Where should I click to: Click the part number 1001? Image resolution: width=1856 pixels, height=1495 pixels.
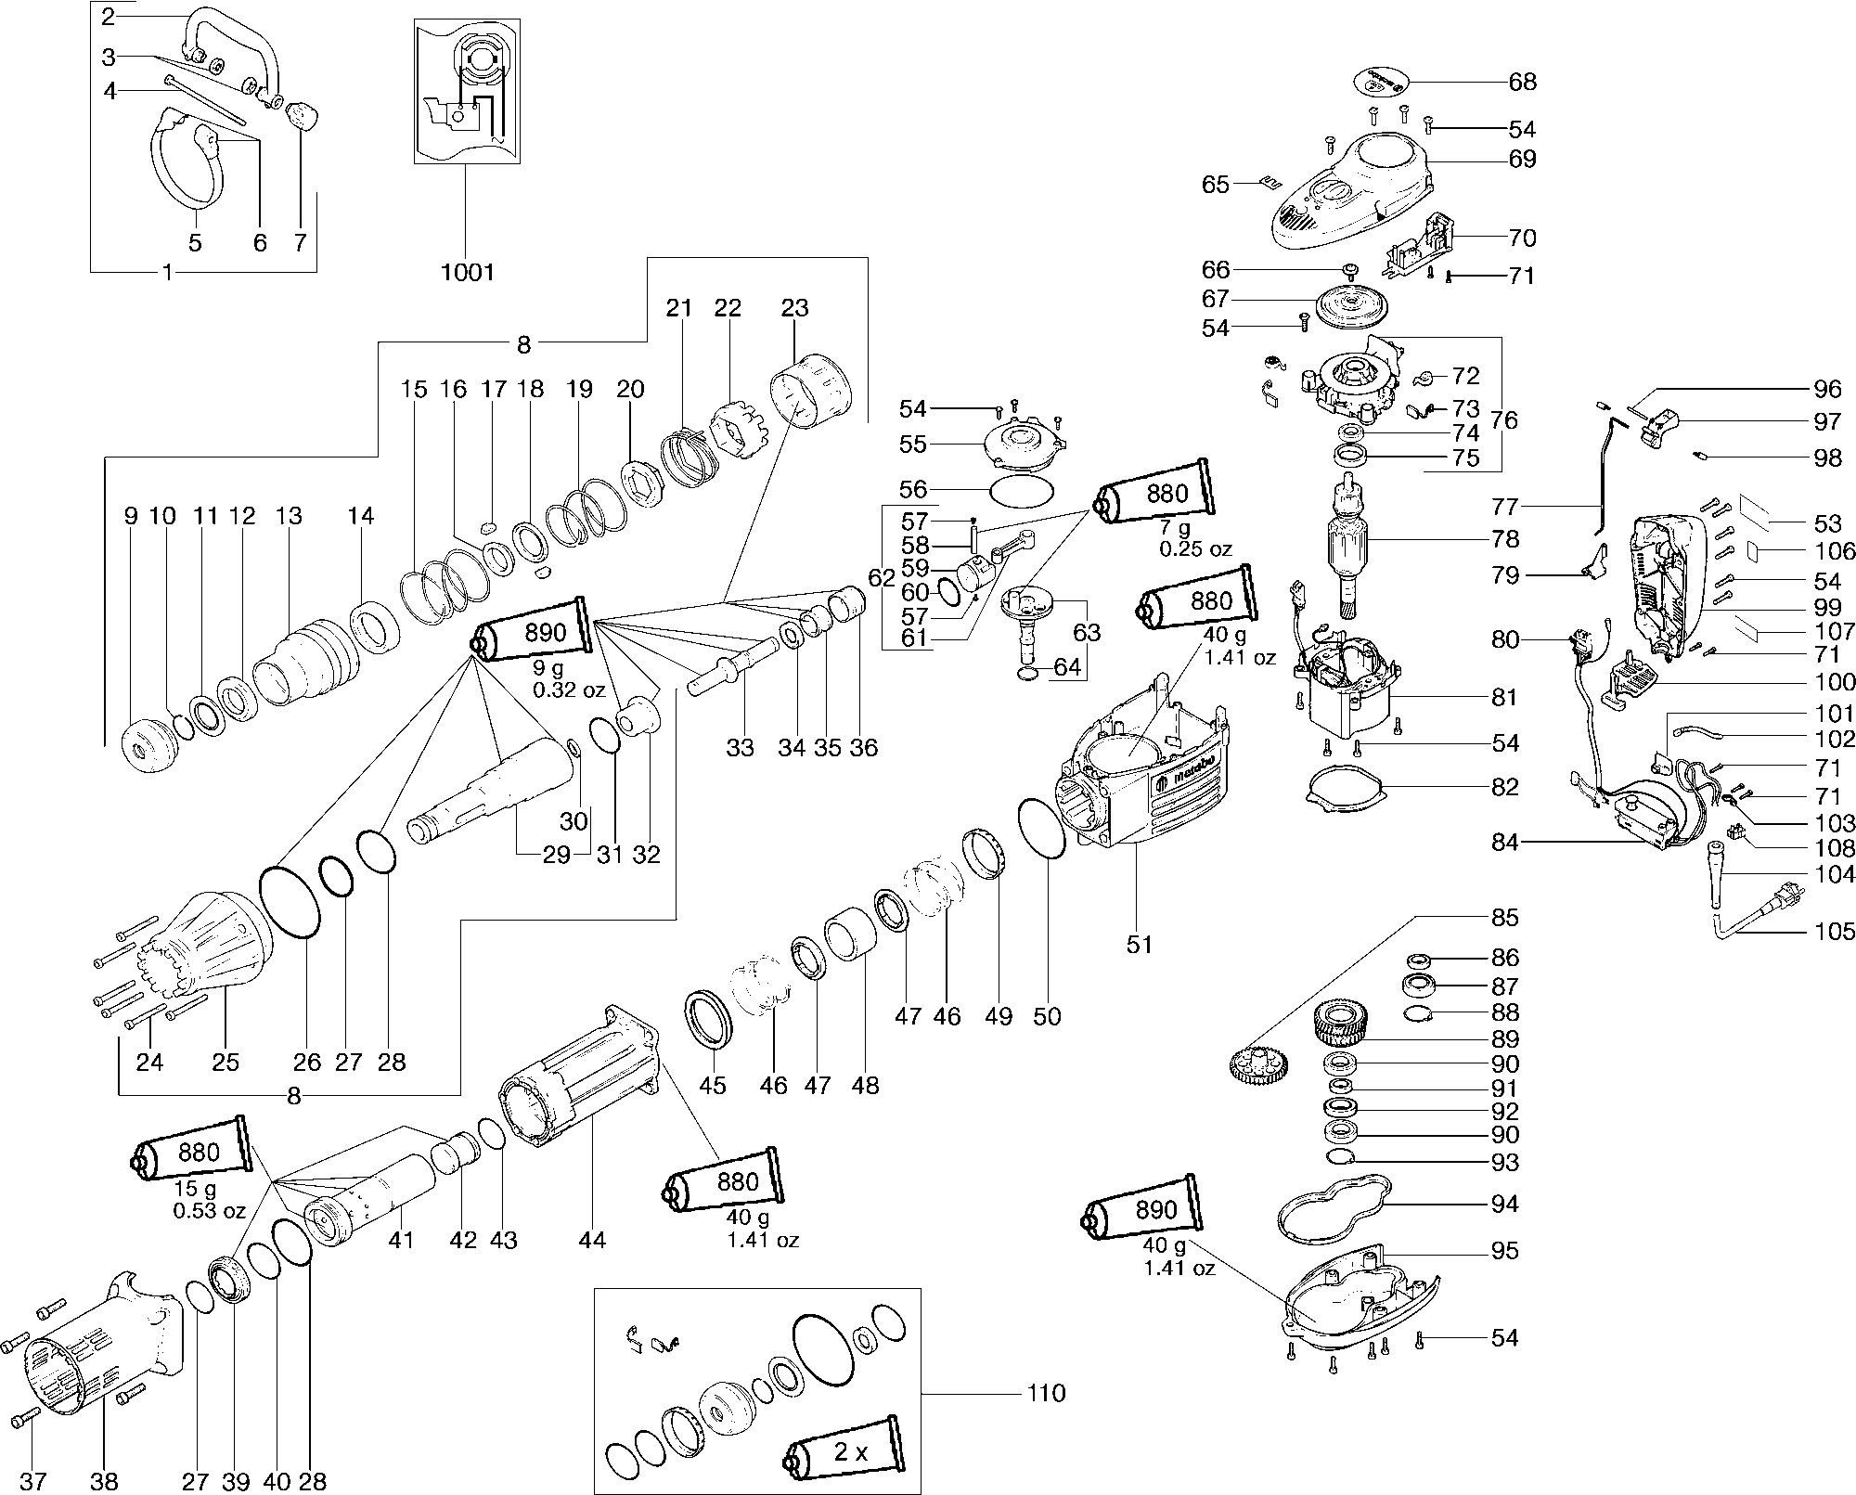(468, 272)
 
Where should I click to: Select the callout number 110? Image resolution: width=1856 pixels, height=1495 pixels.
(1046, 1393)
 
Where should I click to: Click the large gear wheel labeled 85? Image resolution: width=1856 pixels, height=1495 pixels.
(1255, 1071)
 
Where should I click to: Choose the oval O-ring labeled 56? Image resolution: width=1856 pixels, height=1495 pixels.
(1022, 489)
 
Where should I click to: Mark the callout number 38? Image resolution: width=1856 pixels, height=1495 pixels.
(105, 1480)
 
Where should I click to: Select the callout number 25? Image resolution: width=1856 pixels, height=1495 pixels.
(226, 1062)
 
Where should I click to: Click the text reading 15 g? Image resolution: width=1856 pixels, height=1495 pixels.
(198, 1189)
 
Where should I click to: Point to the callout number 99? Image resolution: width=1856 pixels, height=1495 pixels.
(1827, 608)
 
